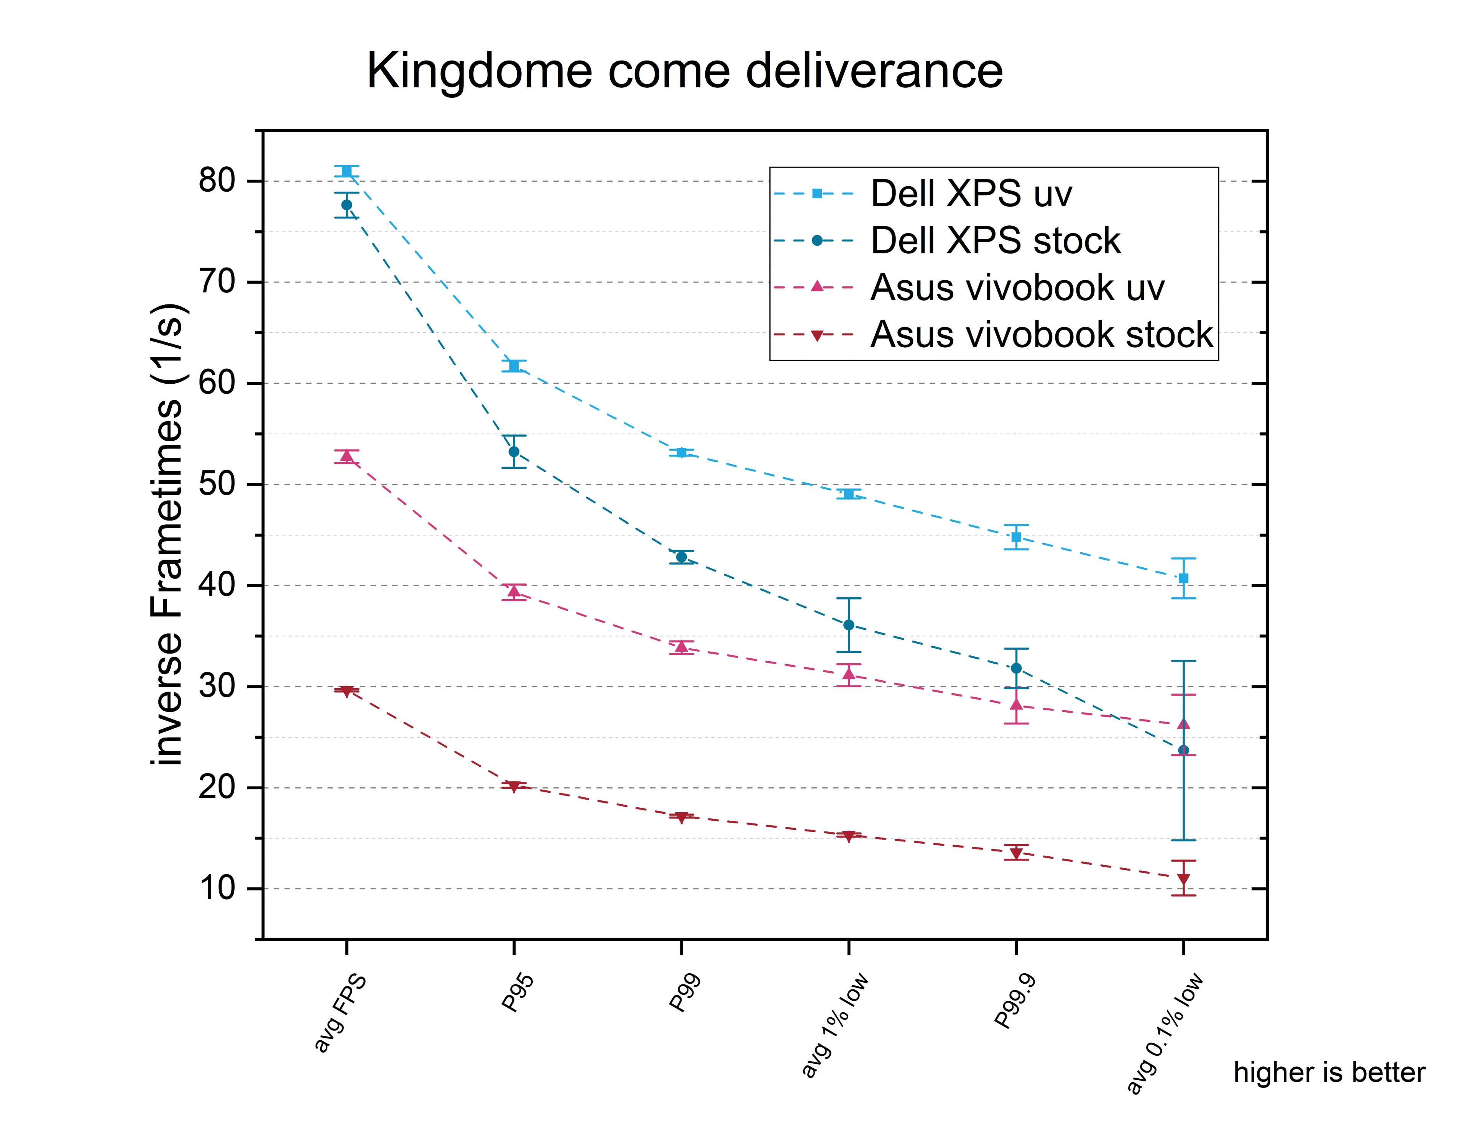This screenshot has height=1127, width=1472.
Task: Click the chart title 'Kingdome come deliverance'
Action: [x=684, y=71]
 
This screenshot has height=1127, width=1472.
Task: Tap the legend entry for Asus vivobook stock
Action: [x=1041, y=335]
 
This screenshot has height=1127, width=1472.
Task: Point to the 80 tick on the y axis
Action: [x=217, y=181]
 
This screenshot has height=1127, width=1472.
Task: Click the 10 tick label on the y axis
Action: [x=217, y=889]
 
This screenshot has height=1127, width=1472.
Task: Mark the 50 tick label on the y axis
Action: [x=217, y=485]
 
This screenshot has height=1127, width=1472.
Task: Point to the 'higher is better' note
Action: [x=1328, y=1072]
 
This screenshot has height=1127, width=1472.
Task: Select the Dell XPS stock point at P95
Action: [x=514, y=452]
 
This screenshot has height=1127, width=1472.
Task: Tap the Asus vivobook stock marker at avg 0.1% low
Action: [x=1183, y=879]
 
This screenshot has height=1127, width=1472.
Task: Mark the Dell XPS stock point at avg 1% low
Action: [x=849, y=624]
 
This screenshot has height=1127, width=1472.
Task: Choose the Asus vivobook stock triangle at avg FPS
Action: [x=347, y=691]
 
